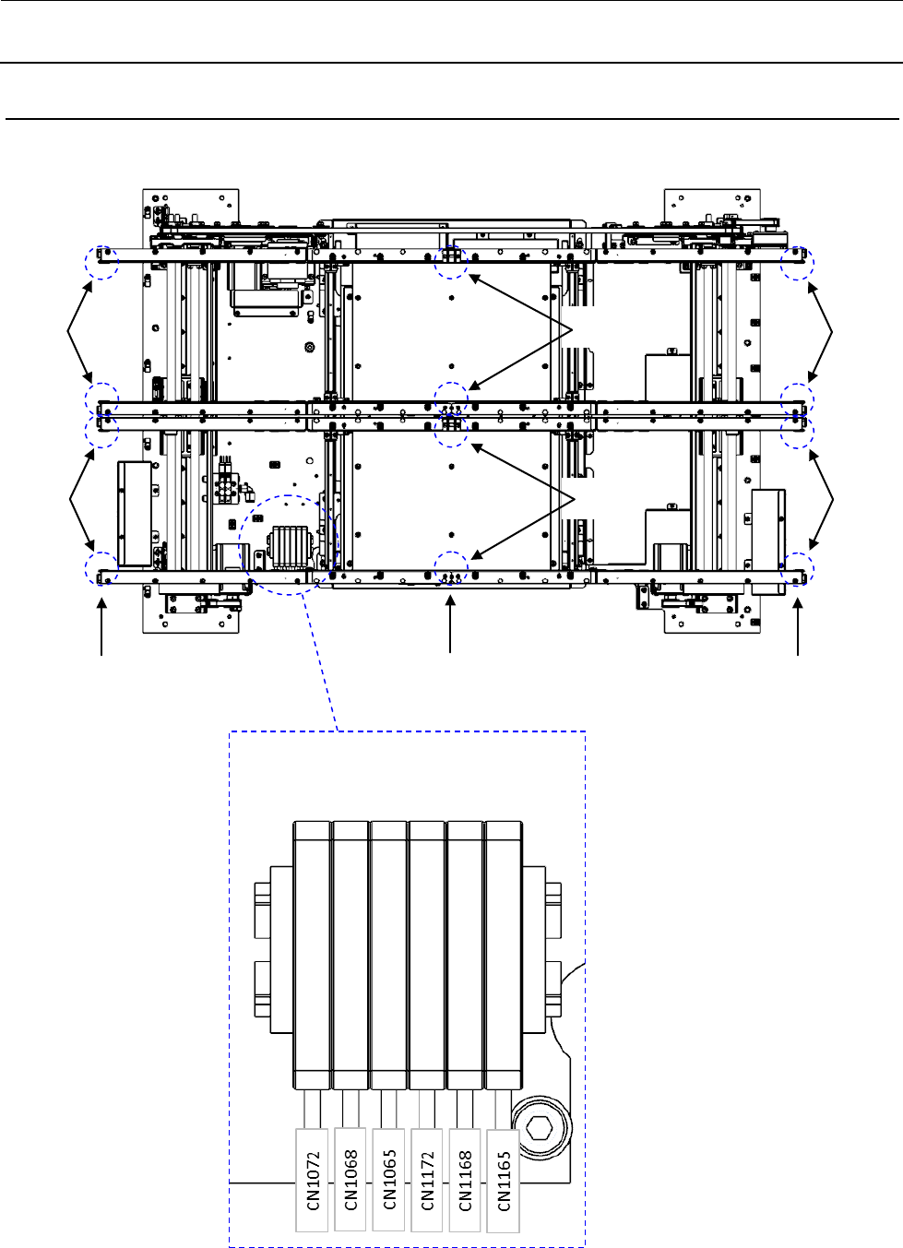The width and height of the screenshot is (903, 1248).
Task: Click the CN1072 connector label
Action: (313, 1179)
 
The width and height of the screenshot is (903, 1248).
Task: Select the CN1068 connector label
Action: (351, 1179)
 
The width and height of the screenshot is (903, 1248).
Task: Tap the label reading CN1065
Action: (389, 1179)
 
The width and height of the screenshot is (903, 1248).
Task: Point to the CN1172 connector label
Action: (427, 1180)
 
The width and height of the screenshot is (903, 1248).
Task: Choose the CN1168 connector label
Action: (465, 1180)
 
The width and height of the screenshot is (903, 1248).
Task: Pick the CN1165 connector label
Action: (504, 1181)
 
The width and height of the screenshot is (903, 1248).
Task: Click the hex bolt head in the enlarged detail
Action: (538, 1127)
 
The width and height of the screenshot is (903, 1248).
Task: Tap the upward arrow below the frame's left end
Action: (101, 626)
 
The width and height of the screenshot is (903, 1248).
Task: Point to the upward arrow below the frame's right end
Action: (798, 626)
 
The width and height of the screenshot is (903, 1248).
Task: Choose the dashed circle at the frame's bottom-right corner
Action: (797, 569)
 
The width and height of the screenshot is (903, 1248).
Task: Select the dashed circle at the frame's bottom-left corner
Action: (102, 569)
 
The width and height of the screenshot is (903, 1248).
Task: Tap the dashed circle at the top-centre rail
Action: (451, 261)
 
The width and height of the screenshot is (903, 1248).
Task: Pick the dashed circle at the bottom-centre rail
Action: (451, 569)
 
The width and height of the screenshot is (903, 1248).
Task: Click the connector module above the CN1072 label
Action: (313, 955)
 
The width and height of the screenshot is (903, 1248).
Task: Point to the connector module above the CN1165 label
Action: (503, 955)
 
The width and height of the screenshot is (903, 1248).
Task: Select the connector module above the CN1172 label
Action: (427, 955)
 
